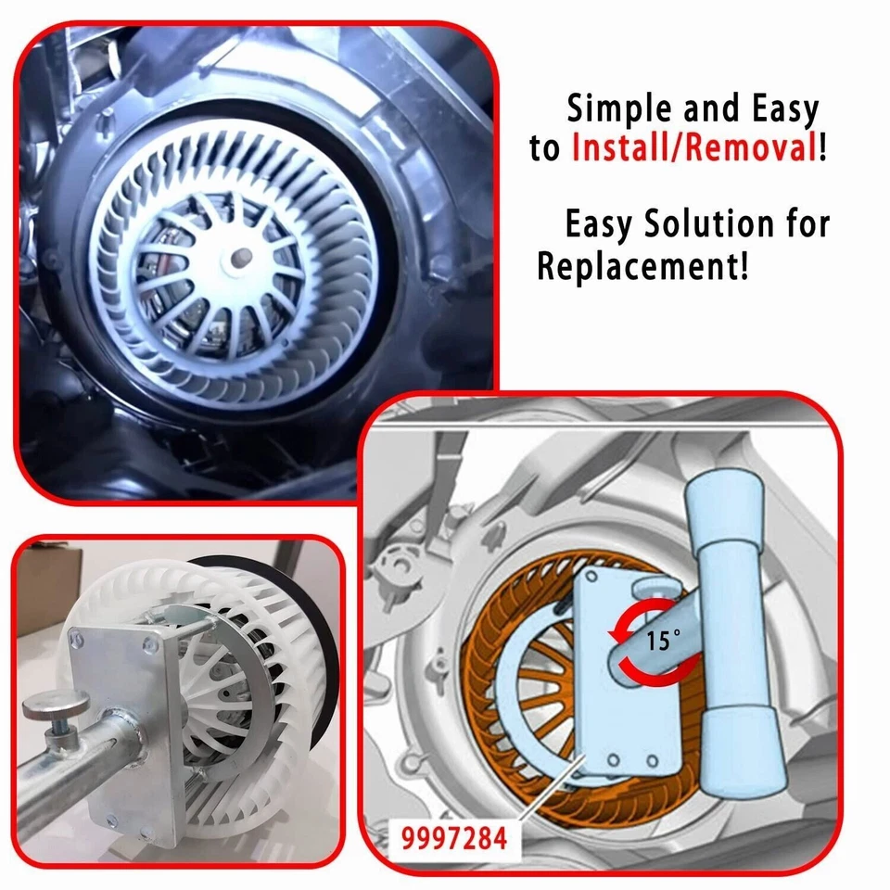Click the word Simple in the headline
coord(619,109)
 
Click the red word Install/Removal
coord(693,148)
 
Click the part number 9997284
coord(454,839)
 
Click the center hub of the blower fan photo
coord(243,252)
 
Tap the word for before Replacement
coord(803,224)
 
